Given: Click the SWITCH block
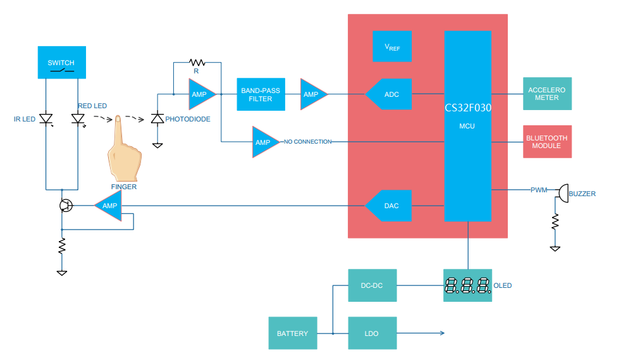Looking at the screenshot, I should (61, 63).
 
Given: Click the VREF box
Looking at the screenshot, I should (392, 47).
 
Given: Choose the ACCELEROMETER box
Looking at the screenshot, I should (547, 94).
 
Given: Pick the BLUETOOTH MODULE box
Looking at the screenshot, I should (547, 142).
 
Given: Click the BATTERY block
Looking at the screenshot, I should (292, 333).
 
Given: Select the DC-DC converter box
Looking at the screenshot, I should (371, 285).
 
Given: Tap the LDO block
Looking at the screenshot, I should (371, 333).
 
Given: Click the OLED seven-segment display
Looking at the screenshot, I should (467, 285).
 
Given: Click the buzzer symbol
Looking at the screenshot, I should (562, 194).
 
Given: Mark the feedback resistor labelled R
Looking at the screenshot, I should (197, 62).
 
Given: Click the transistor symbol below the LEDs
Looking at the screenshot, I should (65, 206).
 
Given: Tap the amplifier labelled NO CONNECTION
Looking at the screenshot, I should (264, 142).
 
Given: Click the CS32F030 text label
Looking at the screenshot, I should (468, 108).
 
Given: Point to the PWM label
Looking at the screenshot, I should (539, 189).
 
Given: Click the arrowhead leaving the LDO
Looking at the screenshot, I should (441, 333).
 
